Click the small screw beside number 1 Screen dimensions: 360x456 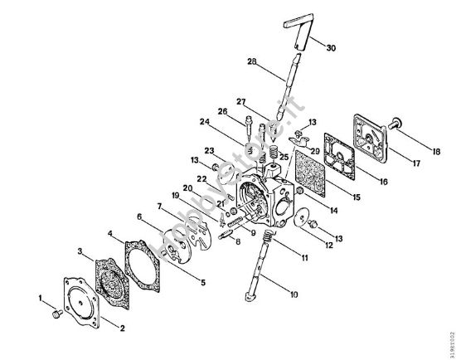click(55, 314)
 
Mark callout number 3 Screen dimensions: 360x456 click(80, 250)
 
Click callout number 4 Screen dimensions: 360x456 click(111, 234)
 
